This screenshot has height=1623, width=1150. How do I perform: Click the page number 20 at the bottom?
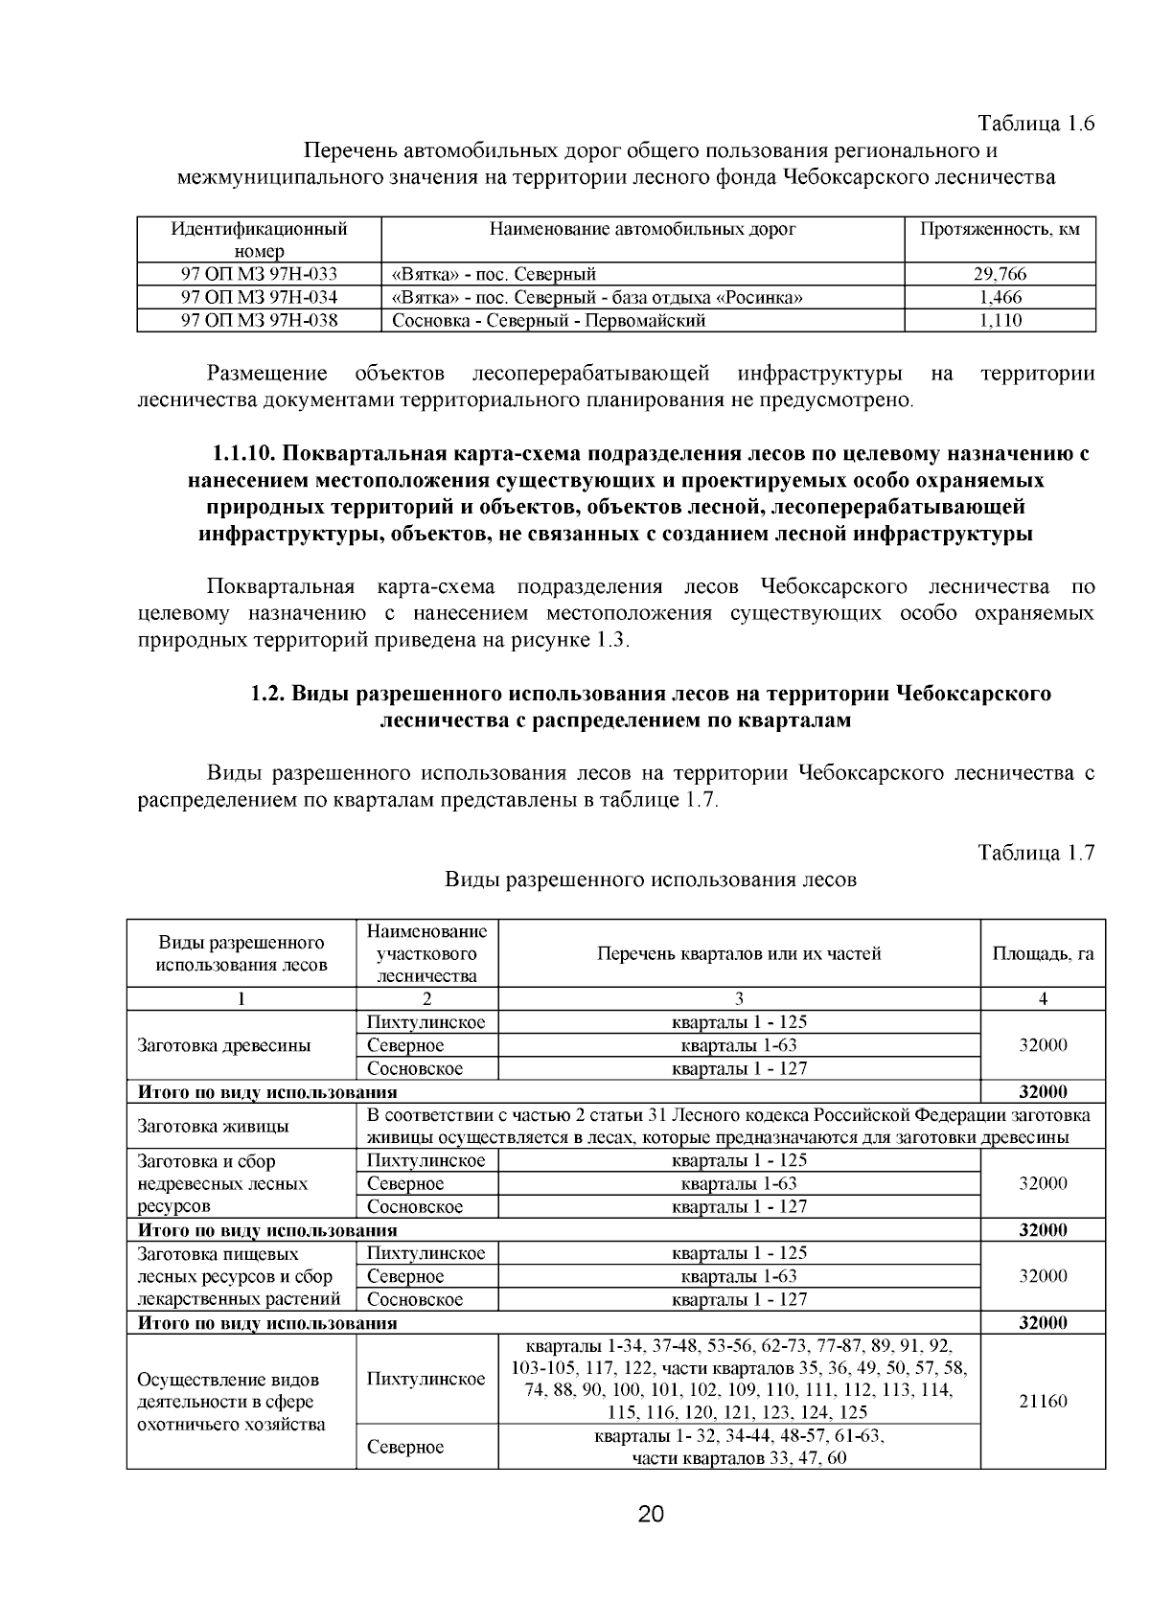coord(651,1515)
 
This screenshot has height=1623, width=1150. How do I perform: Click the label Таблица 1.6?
coord(1036,124)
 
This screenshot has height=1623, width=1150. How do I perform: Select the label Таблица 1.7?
coord(1036,853)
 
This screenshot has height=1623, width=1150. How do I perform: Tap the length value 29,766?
coord(1000,274)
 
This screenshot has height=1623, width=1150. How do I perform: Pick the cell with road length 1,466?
coord(1000,297)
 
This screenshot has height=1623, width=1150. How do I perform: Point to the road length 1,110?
coord(1000,320)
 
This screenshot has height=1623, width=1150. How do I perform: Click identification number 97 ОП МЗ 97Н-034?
coord(259,297)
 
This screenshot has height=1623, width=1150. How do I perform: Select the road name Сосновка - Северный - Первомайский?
coord(549,320)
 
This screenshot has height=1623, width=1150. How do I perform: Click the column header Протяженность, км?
coord(1000,229)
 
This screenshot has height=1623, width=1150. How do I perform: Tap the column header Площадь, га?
coord(1043,953)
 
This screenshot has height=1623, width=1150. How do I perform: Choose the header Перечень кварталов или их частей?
coord(739,953)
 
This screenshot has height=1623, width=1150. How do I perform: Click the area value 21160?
coord(1043,1401)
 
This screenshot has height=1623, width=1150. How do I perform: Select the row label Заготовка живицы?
coord(214,1126)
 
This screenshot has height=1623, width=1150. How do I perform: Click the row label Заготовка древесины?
coord(224,1045)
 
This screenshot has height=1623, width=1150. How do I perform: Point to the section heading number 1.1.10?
coord(244,453)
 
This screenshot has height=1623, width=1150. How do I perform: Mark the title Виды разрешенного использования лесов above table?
coord(651,880)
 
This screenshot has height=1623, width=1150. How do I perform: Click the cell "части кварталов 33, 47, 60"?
coord(739,1458)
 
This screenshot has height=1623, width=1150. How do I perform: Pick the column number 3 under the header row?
coord(739,998)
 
